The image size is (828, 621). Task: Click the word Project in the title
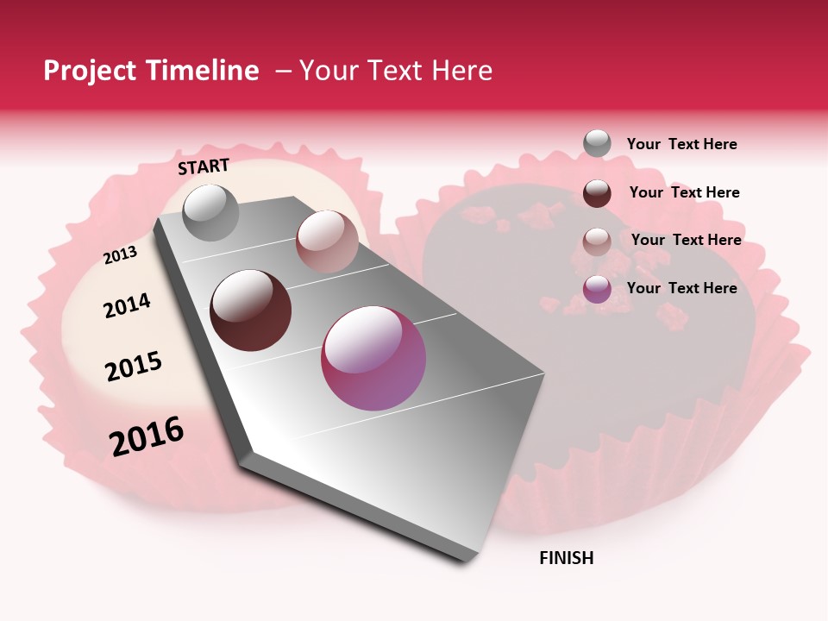pos(85,72)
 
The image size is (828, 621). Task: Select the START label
pos(204,166)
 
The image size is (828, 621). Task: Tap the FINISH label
pos(566,558)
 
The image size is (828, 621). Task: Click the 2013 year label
pos(120,255)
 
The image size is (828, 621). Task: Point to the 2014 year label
pos(127,305)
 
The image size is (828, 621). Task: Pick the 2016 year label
pos(147,436)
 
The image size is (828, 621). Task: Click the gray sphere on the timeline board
pos(210,212)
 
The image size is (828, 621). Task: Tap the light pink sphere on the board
pos(327,241)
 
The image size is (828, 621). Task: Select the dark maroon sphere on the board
pos(251,310)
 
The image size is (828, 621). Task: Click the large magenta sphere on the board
pos(373,358)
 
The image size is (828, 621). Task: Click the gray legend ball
pos(597,143)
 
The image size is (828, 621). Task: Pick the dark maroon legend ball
pos(597,193)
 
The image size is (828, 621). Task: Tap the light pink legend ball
pos(597,241)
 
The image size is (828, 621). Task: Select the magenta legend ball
pos(597,289)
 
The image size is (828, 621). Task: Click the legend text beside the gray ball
pos(681,144)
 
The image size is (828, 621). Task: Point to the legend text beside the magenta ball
pos(681,288)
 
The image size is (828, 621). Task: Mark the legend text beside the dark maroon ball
pos(684,192)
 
